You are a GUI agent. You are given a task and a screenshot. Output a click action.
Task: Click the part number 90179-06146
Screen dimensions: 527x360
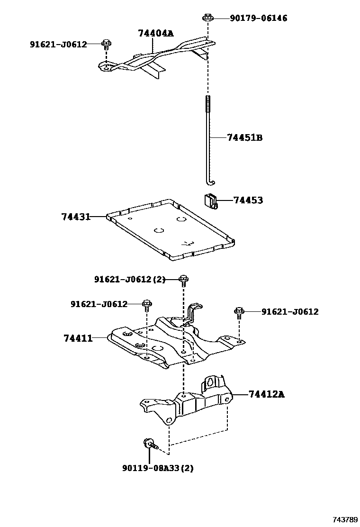click(258, 18)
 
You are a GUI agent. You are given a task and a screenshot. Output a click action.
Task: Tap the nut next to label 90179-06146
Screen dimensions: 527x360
click(207, 18)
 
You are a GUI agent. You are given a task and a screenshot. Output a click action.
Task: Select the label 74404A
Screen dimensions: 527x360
click(155, 33)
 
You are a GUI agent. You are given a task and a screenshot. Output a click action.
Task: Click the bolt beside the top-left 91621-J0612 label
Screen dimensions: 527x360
click(106, 45)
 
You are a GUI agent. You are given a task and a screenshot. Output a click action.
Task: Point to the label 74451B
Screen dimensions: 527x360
click(244, 138)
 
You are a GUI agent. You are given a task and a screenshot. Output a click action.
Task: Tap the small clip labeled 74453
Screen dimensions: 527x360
click(211, 201)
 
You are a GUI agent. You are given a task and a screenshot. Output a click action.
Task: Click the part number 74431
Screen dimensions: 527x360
click(75, 217)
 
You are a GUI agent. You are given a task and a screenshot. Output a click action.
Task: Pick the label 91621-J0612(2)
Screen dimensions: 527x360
click(129, 280)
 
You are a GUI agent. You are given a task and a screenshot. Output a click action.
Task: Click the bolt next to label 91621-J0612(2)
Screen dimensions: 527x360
click(183, 280)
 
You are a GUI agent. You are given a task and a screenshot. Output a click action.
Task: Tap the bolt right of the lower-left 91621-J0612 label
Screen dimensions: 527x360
click(147, 304)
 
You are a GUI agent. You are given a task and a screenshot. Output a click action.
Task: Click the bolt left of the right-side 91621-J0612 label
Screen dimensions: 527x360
click(239, 312)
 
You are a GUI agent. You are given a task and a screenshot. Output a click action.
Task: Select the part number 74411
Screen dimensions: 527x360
click(78, 338)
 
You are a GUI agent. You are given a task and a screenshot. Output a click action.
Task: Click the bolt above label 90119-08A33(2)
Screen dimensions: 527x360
click(149, 445)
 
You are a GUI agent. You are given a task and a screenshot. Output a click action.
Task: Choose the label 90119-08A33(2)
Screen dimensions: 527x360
click(157, 468)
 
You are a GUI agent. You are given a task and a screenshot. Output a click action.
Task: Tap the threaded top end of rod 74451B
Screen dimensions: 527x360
click(207, 102)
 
